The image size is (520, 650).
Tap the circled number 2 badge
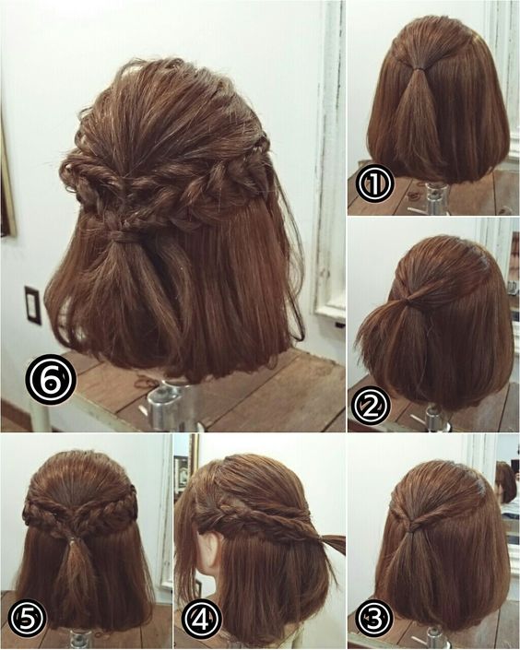pos(371,408)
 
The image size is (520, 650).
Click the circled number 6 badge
pos(51,379)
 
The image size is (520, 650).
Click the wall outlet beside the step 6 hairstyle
pos(33,305)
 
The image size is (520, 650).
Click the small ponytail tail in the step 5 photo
pos(76,572)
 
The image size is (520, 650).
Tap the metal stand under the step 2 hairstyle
pos(433,419)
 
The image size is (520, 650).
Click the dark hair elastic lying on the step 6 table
pos(145,381)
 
